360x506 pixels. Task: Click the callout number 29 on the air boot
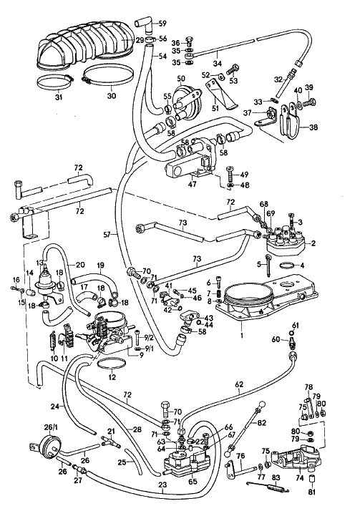point(140,40)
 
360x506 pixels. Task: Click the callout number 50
point(181,78)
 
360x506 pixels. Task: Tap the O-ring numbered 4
point(288,266)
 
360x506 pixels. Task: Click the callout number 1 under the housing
point(242,335)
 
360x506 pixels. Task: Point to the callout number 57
point(108,235)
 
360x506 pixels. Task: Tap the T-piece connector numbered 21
point(111,444)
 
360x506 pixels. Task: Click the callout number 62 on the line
point(239,384)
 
